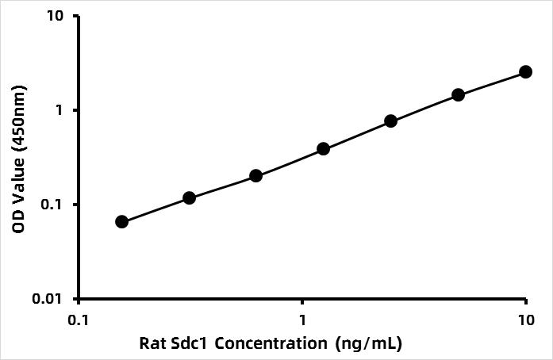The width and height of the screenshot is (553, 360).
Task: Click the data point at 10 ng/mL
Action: (525, 71)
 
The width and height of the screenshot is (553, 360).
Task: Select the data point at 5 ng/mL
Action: (458, 95)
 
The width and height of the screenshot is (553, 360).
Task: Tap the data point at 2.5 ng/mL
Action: (390, 121)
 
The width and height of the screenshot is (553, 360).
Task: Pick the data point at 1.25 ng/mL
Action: (323, 148)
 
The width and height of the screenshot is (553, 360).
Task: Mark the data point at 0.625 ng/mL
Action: (255, 175)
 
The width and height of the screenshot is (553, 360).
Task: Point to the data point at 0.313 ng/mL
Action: (189, 197)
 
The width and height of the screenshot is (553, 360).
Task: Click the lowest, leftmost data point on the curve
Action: (121, 221)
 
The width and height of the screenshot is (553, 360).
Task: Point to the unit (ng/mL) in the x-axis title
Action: (369, 344)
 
